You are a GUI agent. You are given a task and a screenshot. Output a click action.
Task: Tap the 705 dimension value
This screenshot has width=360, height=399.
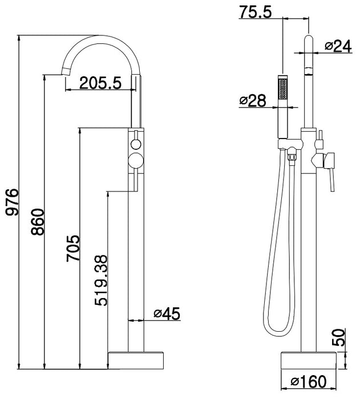point(72,248)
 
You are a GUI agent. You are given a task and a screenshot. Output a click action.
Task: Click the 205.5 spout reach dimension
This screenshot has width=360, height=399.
point(100,83)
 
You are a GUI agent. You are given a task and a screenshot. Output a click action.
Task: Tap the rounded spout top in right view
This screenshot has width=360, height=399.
point(308,42)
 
